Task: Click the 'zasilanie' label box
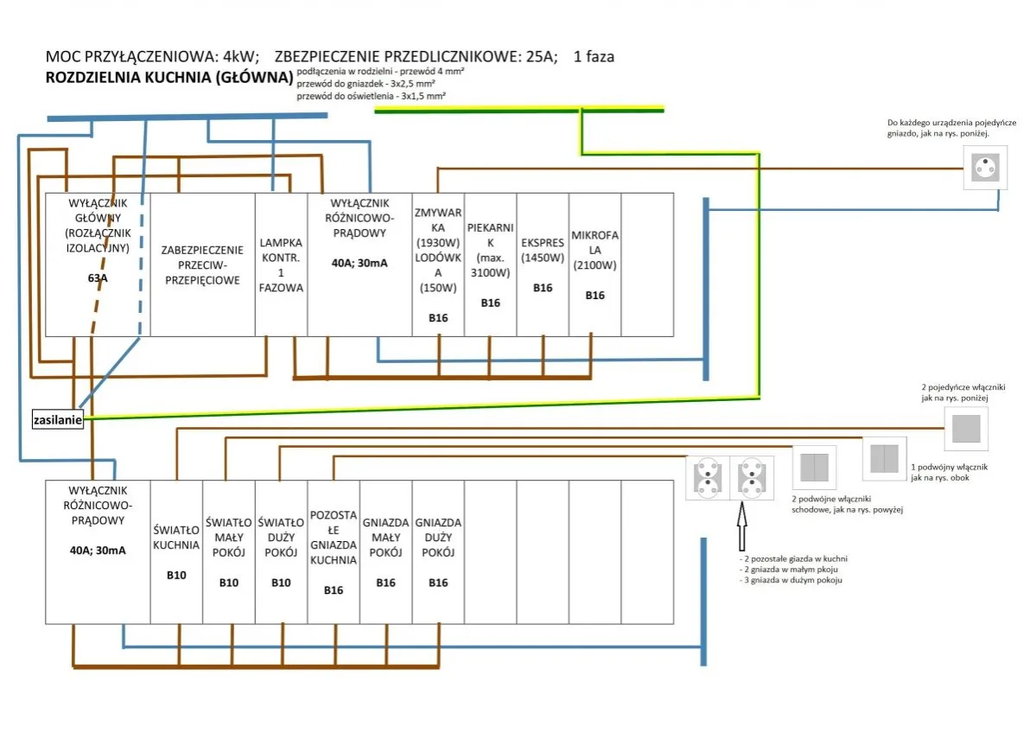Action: pos(58,420)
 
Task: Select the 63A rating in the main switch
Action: pos(98,278)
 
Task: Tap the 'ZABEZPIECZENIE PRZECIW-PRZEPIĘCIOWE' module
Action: pos(202,265)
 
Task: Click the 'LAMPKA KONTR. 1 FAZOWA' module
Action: pos(281,265)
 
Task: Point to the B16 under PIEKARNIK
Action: pos(490,303)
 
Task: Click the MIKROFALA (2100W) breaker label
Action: pos(594,250)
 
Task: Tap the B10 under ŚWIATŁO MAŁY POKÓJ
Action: pos(228,583)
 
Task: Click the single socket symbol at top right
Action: pos(984,166)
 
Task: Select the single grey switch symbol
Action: pos(965,429)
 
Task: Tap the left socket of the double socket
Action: pos(708,478)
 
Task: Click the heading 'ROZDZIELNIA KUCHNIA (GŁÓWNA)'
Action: pos(169,78)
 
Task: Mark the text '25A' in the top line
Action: pos(532,57)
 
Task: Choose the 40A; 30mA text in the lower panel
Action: pos(98,550)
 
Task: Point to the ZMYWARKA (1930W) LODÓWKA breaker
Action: pos(438,250)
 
